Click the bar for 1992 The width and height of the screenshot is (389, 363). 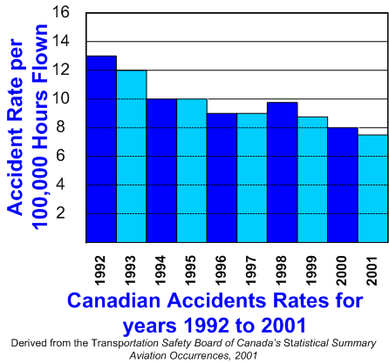(101, 149)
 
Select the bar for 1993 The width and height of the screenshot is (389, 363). (132, 156)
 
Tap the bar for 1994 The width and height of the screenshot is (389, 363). (161, 171)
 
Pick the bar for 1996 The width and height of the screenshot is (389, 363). (222, 178)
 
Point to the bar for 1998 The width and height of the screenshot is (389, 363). (283, 172)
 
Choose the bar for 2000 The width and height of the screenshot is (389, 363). (343, 185)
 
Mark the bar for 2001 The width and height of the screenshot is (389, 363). (372, 188)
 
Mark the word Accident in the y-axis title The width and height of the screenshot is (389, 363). (15, 170)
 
